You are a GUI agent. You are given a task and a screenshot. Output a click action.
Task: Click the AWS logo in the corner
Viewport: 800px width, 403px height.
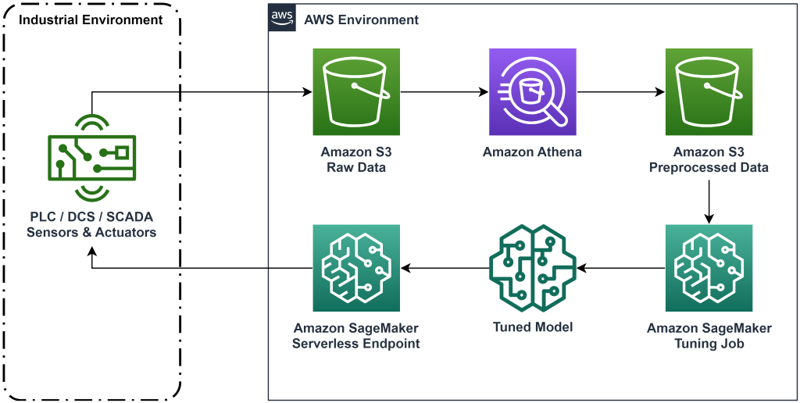pos(281,17)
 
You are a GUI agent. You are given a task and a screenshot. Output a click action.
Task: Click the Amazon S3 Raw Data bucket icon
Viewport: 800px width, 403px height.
pos(356,92)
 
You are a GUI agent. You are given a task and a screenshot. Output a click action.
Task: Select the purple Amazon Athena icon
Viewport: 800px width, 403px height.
pos(532,92)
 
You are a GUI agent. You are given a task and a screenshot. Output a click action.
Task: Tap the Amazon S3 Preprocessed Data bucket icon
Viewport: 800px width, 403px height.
pos(709,92)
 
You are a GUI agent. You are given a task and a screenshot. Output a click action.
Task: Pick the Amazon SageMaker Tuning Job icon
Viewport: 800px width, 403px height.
pos(709,268)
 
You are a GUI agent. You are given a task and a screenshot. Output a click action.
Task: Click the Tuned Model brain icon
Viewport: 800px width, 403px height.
pos(532,268)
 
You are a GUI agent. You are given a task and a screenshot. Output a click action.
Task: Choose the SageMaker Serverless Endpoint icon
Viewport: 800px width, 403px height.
pos(356,268)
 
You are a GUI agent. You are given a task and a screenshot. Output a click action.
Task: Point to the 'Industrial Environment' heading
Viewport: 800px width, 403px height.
pos(91,20)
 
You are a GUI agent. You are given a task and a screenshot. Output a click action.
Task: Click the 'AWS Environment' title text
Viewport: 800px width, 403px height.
pos(361,20)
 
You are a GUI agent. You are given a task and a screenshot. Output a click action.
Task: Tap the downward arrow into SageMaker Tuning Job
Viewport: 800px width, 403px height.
pos(709,201)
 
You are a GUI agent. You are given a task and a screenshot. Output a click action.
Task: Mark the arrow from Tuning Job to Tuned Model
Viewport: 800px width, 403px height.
pos(620,268)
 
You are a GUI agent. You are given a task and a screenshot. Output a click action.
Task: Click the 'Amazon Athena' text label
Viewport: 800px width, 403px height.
pos(532,152)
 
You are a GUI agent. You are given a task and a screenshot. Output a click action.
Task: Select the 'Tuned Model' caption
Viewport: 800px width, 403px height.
pos(532,327)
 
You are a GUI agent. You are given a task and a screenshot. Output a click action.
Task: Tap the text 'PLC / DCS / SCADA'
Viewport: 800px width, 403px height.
pos(91,216)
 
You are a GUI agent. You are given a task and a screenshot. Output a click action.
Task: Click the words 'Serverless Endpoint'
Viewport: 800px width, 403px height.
pos(356,344)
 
